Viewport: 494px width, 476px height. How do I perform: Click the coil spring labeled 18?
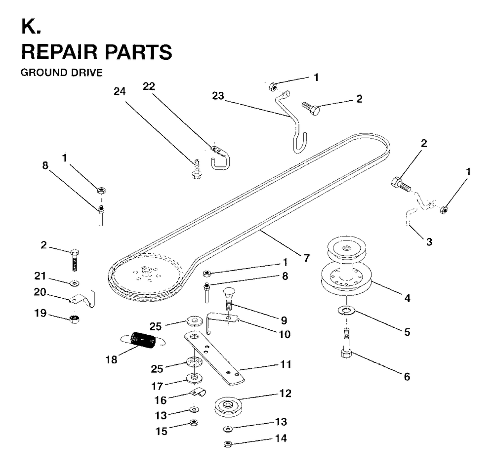tap(143, 340)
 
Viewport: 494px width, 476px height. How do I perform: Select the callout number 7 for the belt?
tap(307, 258)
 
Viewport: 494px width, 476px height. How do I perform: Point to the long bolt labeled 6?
tap(346, 343)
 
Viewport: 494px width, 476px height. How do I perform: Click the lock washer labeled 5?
tap(346, 311)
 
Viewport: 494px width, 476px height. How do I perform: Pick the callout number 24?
tap(120, 92)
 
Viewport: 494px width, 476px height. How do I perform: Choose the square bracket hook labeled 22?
tap(220, 157)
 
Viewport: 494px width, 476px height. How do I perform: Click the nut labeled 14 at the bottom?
tap(228, 444)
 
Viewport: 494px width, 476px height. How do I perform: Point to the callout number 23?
tap(218, 96)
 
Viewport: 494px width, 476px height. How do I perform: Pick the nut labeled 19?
tap(74, 318)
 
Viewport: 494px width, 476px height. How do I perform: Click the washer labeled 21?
tap(75, 283)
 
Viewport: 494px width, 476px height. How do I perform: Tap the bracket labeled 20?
tap(82, 299)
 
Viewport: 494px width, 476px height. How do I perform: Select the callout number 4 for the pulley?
tap(408, 298)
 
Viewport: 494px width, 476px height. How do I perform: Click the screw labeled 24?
tap(196, 169)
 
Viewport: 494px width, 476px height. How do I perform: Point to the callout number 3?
tap(429, 242)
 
